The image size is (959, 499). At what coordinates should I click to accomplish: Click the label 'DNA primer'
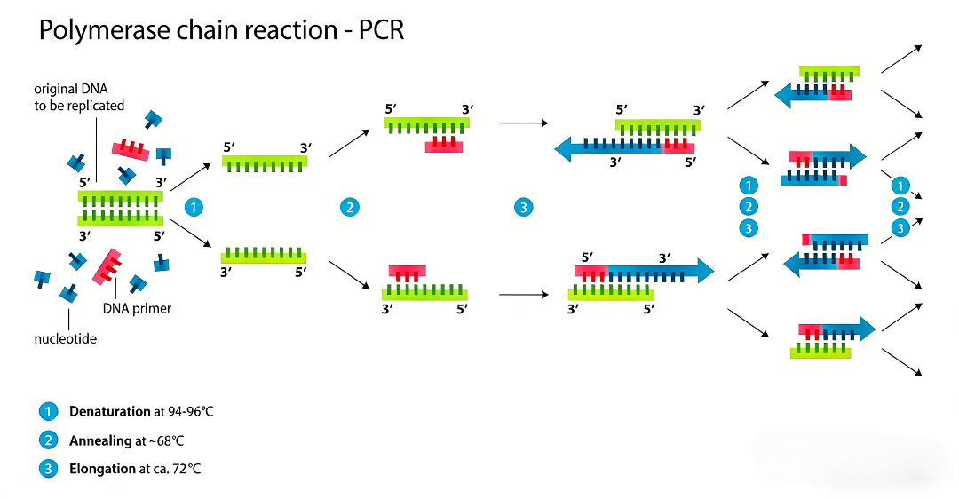[x=137, y=309]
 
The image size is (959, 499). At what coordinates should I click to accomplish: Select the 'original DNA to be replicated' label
[x=79, y=97]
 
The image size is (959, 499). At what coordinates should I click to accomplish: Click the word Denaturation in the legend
[x=110, y=412]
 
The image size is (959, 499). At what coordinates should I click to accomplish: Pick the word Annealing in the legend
[x=100, y=440]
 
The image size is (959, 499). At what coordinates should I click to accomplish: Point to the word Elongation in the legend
[x=102, y=469]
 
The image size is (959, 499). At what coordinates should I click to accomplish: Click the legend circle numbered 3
[x=48, y=469]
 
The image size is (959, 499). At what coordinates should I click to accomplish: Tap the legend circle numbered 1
[x=48, y=412]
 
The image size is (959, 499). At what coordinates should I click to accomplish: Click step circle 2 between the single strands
[x=350, y=208]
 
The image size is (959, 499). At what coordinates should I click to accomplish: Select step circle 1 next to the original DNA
[x=194, y=208]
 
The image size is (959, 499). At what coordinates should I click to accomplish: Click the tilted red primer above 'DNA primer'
[x=107, y=266]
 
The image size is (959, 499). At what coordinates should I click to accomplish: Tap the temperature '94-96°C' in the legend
[x=184, y=412]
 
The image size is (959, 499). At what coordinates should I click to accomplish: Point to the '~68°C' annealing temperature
[x=168, y=440]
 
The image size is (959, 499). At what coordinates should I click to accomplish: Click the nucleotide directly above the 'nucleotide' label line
[x=68, y=292]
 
